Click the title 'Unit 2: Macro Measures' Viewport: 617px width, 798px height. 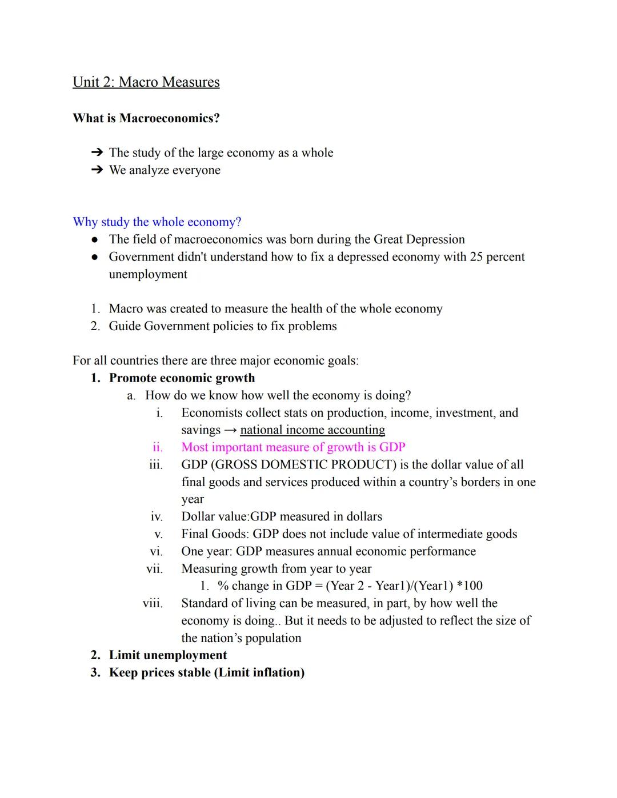point(146,82)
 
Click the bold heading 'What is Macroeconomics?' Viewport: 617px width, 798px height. point(146,118)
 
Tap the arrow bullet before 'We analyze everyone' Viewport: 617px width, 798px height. point(97,170)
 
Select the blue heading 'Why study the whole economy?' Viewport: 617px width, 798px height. point(157,222)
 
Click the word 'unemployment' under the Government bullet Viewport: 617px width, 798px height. point(148,274)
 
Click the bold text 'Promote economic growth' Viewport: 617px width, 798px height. point(182,378)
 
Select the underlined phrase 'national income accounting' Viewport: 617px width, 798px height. point(312,430)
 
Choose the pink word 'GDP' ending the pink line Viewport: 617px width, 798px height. point(392,447)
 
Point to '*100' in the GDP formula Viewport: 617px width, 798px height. point(470,586)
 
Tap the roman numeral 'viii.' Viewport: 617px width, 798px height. point(153,603)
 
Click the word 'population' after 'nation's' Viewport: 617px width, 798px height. point(273,638)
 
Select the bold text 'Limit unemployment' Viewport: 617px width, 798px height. point(167,655)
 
